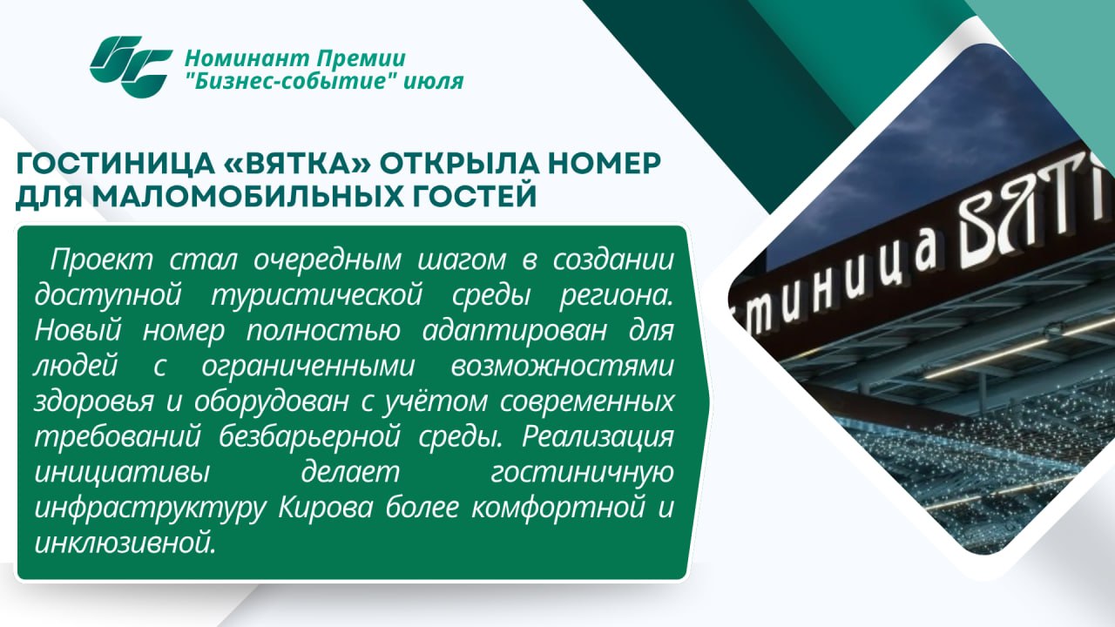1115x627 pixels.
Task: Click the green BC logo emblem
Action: [131, 67]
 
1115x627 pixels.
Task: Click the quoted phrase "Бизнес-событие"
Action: [290, 81]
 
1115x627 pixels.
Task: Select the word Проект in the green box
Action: [101, 260]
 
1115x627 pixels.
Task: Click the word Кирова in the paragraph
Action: [326, 508]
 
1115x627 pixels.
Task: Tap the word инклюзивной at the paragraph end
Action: [125, 543]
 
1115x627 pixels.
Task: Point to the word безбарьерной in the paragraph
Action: [309, 437]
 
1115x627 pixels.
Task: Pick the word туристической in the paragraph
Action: [317, 295]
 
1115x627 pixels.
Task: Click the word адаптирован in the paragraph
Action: [515, 330]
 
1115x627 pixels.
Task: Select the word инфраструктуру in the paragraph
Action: [151, 509]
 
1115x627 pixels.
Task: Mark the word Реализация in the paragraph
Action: [598, 438]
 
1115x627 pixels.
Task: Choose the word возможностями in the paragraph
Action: [562, 366]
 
